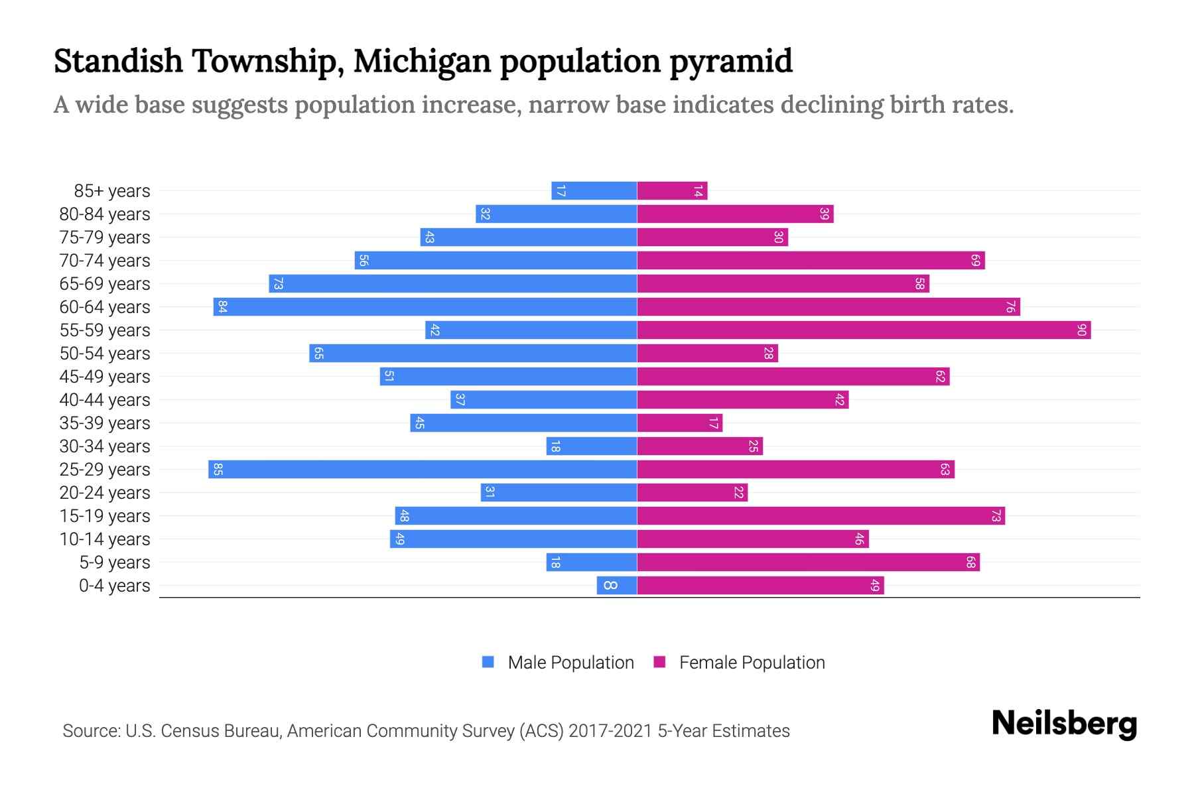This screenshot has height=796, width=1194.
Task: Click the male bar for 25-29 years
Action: click(x=423, y=470)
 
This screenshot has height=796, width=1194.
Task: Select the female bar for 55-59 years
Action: click(x=864, y=330)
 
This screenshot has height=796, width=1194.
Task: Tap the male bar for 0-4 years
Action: click(x=617, y=586)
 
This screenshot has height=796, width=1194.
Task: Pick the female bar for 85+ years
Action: click(x=672, y=191)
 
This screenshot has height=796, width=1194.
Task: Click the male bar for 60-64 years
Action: click(x=425, y=307)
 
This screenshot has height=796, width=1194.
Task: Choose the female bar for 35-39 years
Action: click(x=679, y=423)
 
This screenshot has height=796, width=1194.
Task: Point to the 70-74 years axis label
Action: click(x=105, y=261)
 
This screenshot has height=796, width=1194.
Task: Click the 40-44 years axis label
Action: click(x=105, y=400)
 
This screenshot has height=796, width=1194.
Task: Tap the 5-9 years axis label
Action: click(x=114, y=563)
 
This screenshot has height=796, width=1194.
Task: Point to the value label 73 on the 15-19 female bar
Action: click(x=996, y=516)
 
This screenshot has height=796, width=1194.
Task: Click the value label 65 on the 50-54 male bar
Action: click(x=318, y=354)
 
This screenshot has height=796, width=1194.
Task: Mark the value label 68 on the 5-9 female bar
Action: click(x=970, y=563)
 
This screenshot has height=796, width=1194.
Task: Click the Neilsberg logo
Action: click(x=1064, y=724)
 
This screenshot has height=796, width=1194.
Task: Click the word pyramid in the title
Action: click(x=730, y=61)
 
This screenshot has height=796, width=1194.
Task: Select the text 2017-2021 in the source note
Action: click(x=610, y=731)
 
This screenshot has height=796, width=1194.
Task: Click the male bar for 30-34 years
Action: click(x=592, y=446)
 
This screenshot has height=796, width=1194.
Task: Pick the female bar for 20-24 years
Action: click(x=692, y=493)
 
